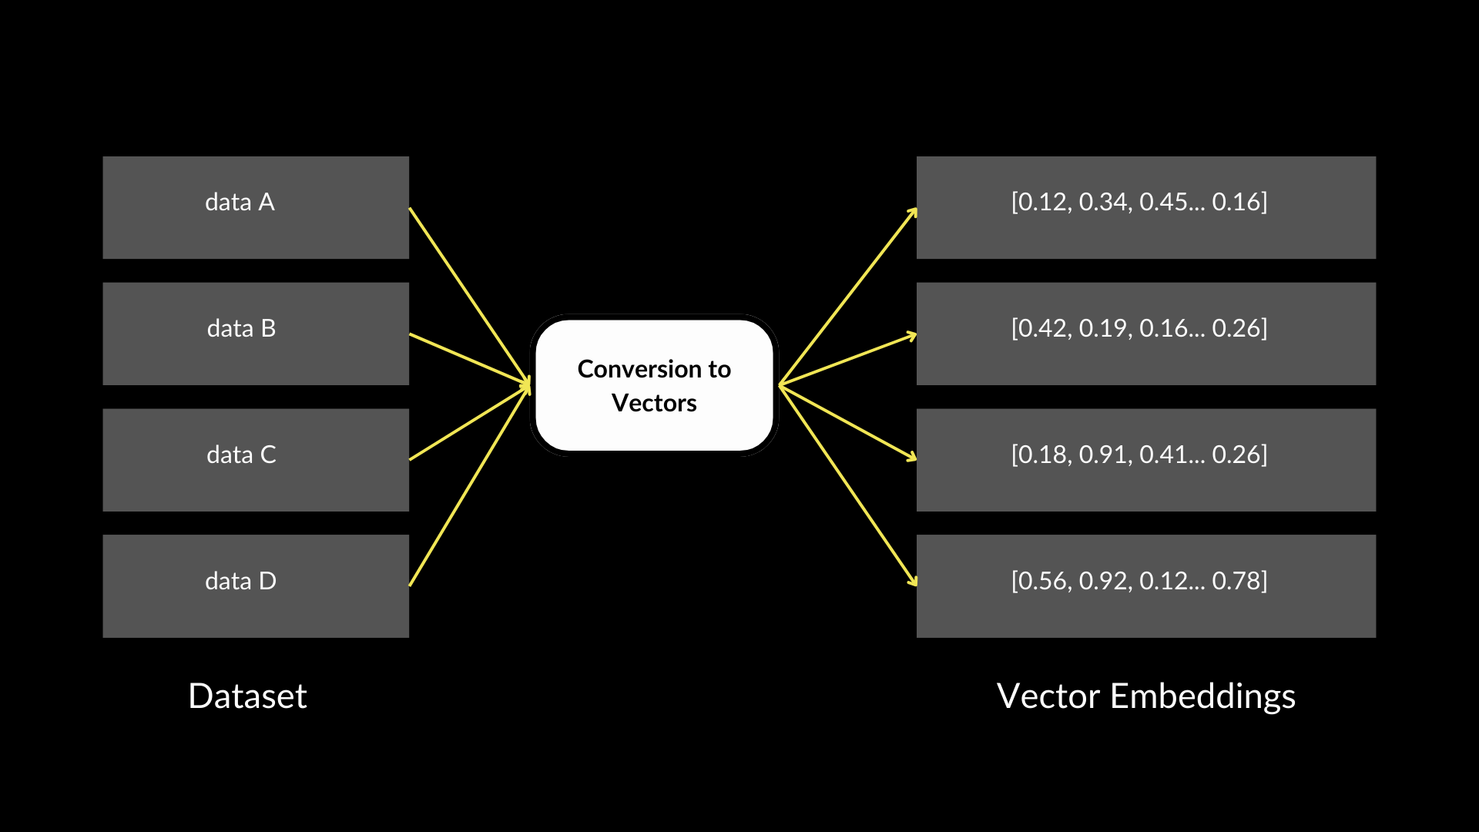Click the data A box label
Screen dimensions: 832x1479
pyautogui.click(x=240, y=202)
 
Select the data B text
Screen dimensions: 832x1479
pyautogui.click(x=241, y=328)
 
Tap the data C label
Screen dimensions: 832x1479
pyautogui.click(x=241, y=455)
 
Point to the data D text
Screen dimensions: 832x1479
pyautogui.click(x=240, y=581)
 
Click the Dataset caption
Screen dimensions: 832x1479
pyautogui.click(x=247, y=696)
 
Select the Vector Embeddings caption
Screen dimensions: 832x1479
pyautogui.click(x=1145, y=696)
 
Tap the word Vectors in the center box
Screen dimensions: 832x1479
pyautogui.click(x=654, y=403)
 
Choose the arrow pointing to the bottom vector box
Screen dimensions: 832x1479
pyautogui.click(x=847, y=485)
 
